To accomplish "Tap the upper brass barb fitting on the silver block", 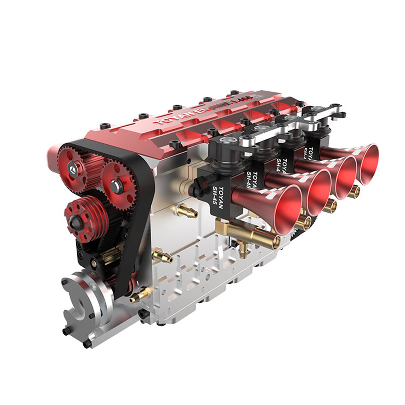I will [x=184, y=210].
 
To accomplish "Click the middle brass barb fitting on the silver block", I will [x=162, y=254].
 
